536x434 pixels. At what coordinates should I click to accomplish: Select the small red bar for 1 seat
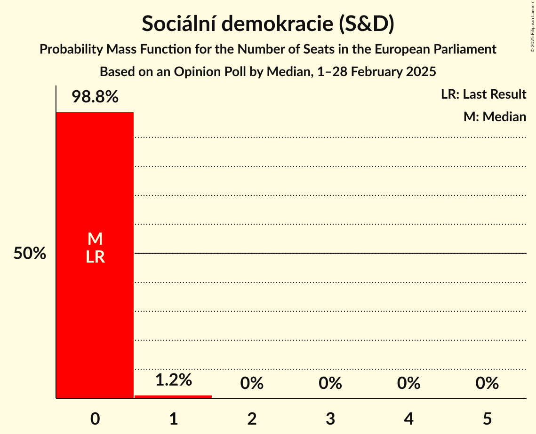173,396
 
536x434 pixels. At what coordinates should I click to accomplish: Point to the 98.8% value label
95,97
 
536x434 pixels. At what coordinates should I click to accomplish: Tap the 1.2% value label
173,380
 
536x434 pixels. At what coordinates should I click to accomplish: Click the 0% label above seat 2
252,383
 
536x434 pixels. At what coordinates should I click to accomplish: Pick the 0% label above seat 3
330,383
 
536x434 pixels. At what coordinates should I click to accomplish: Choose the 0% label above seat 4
408,383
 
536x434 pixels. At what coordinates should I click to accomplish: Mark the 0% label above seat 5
487,383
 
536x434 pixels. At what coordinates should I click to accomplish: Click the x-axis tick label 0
95,418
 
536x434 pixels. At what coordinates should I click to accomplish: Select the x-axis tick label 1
174,418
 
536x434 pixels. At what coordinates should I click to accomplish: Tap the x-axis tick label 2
252,418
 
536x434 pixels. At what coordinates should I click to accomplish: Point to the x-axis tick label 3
330,418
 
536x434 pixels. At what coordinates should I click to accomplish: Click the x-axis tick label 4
408,418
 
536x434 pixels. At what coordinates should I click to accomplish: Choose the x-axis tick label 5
487,418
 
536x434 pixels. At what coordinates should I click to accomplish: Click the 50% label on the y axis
30,254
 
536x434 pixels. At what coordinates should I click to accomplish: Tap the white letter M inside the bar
95,239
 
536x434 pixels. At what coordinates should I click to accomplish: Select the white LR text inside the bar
95,257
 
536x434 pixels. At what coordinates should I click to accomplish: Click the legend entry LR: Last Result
483,94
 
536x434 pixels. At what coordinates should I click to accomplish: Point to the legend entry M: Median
495,116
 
